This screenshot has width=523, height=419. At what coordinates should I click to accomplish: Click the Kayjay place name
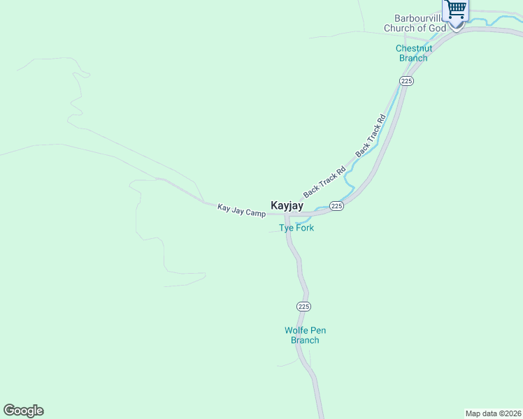tap(287, 207)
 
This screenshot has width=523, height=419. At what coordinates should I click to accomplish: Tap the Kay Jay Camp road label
tap(241, 209)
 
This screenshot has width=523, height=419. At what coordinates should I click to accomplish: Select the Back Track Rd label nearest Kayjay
tap(324, 181)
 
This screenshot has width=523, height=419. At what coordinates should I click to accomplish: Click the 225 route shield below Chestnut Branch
tap(407, 81)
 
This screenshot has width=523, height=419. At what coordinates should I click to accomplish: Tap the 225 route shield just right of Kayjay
tap(336, 206)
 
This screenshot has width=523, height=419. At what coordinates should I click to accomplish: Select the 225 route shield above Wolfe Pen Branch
tap(303, 307)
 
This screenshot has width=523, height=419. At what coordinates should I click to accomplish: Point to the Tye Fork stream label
tap(296, 228)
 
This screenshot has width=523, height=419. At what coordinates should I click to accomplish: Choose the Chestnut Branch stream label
tap(414, 53)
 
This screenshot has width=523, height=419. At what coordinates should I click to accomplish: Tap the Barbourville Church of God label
tap(415, 24)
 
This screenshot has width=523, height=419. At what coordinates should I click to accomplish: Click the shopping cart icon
tap(456, 10)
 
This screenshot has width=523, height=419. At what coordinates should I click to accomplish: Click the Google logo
tap(23, 411)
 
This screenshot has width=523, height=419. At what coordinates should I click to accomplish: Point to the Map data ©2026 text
tap(493, 413)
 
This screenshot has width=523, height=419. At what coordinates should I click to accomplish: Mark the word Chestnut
tap(414, 48)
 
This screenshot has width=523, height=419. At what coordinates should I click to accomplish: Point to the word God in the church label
tap(437, 29)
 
